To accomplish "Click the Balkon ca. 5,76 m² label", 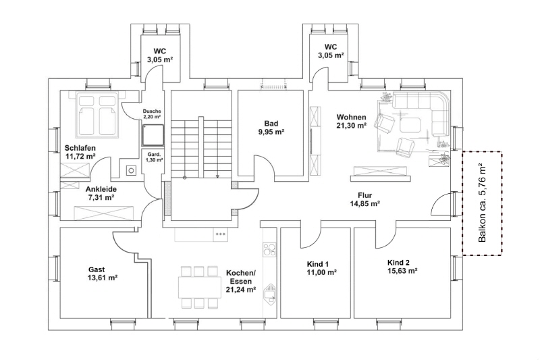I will point(482,203).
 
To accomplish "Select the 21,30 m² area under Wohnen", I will point(352,126).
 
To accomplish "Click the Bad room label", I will point(271,124).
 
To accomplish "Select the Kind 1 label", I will point(317,263).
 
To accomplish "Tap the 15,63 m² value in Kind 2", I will point(402,271).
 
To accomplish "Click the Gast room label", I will point(97,268).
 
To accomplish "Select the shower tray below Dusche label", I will point(153,134).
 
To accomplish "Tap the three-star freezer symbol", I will point(220,234).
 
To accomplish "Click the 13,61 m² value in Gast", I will point(103,278).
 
